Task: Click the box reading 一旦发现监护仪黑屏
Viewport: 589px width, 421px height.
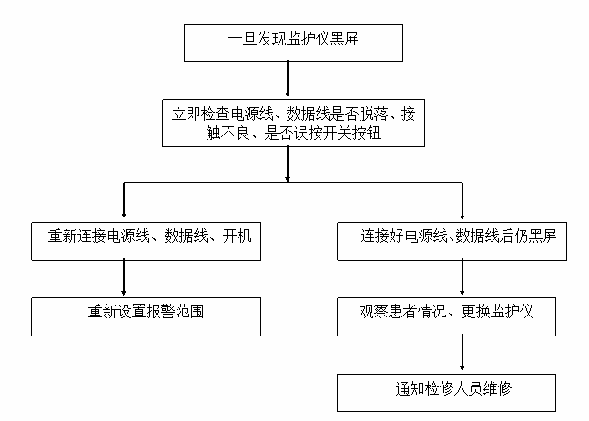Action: pyautogui.click(x=286, y=41)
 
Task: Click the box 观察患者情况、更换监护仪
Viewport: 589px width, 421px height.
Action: pyautogui.click(x=446, y=315)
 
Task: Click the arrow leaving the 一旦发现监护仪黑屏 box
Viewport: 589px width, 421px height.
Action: pyautogui.click(x=287, y=78)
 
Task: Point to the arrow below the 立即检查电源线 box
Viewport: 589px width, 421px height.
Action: pyautogui.click(x=287, y=164)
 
